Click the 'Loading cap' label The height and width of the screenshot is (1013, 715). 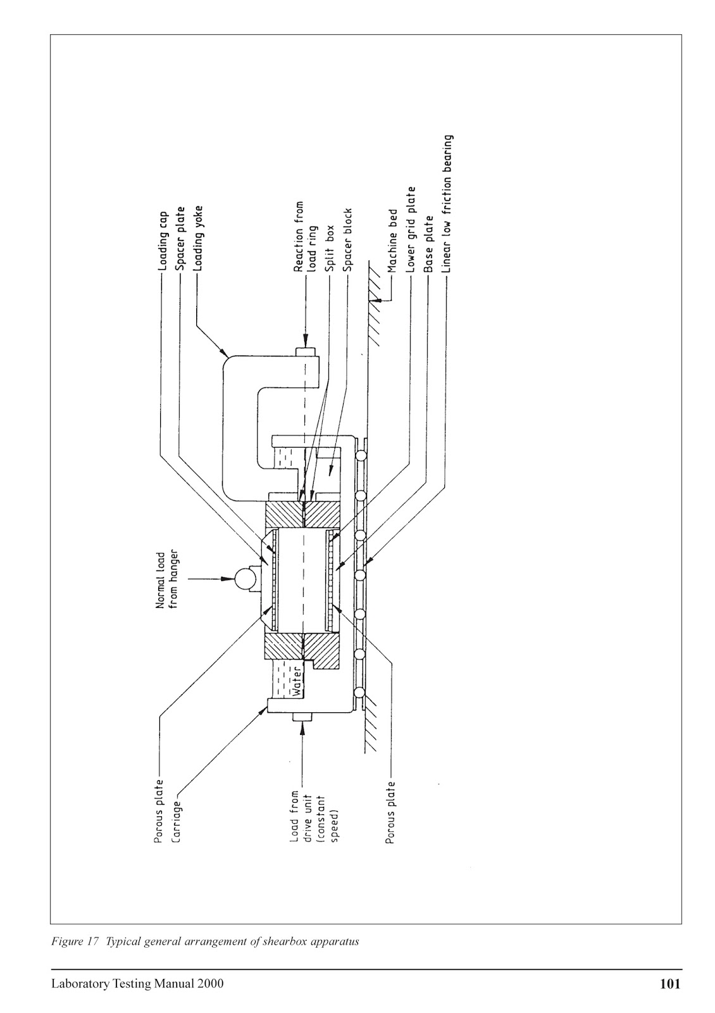point(163,241)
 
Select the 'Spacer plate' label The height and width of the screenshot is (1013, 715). point(180,240)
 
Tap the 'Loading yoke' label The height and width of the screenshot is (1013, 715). point(199,238)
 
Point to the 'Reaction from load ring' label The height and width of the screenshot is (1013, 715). point(304,237)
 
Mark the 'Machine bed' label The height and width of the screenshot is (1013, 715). point(392,241)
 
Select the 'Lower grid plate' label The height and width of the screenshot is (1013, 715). point(411,230)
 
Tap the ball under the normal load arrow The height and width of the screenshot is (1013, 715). point(243,577)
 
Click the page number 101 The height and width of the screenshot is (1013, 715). point(669,984)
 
